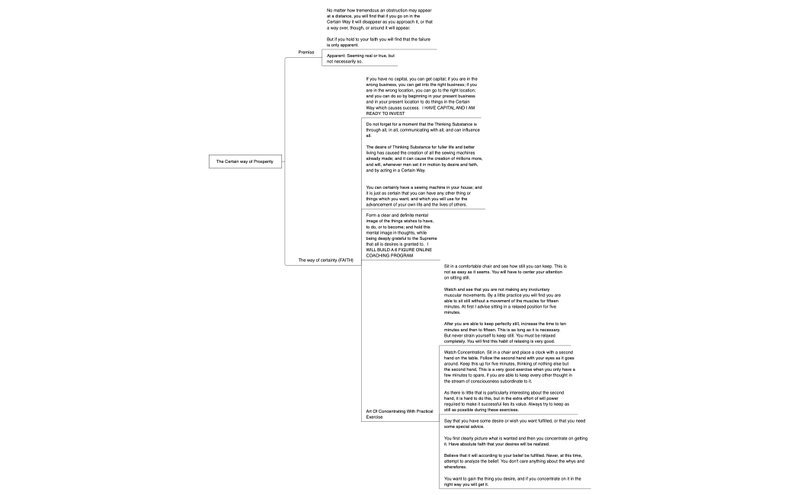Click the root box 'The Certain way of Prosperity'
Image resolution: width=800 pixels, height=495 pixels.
click(x=238, y=161)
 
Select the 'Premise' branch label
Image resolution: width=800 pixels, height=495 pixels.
click(x=306, y=53)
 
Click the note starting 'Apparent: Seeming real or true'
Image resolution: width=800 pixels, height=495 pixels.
click(x=360, y=59)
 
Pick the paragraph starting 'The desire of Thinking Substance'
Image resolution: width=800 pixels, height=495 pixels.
click(x=424, y=158)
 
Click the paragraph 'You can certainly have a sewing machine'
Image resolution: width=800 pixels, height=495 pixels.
click(x=424, y=196)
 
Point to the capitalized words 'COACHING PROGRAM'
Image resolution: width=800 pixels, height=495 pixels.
click(x=389, y=256)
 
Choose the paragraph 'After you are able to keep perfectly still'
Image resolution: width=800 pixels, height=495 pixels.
click(x=504, y=334)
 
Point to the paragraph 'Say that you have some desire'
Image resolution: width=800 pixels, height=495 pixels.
click(x=514, y=423)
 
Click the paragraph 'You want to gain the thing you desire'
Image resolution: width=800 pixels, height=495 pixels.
click(x=512, y=481)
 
